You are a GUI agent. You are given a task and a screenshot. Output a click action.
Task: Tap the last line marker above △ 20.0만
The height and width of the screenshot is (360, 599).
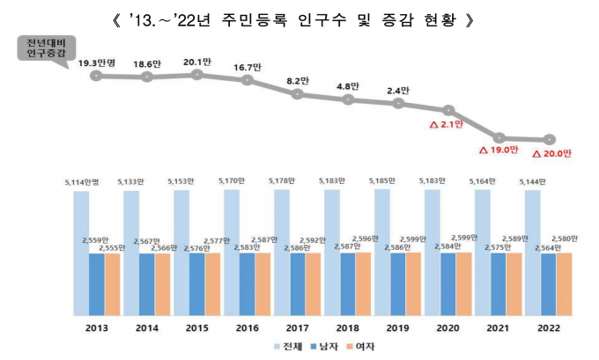[x=550, y=139]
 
